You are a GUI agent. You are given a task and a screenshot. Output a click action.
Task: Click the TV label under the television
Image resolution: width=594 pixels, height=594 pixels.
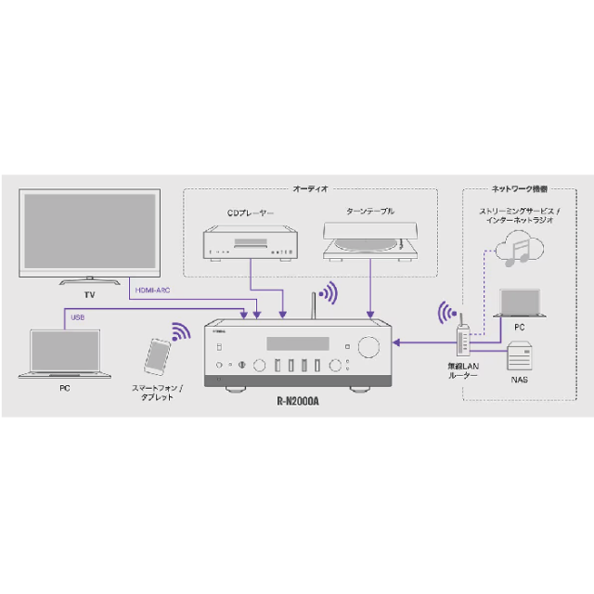pyautogui.click(x=90, y=294)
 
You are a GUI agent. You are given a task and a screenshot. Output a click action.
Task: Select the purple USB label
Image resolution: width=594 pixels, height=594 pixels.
pyautogui.click(x=78, y=317)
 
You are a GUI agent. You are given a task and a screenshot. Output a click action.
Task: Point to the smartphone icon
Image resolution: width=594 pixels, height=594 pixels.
pyautogui.click(x=158, y=356)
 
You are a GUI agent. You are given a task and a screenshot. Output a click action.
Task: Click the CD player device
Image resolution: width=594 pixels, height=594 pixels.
pyautogui.click(x=251, y=243)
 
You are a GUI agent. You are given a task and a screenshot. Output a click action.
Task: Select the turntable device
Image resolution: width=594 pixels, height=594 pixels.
pyautogui.click(x=370, y=242)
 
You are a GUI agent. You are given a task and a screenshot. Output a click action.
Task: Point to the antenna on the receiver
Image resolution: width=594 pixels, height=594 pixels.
pyautogui.click(x=313, y=304)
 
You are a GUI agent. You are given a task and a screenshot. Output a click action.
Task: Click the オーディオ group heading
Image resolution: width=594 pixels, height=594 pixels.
pyautogui.click(x=311, y=188)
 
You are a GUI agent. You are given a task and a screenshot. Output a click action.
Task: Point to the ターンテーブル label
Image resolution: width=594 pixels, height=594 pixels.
pyautogui.click(x=370, y=211)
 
